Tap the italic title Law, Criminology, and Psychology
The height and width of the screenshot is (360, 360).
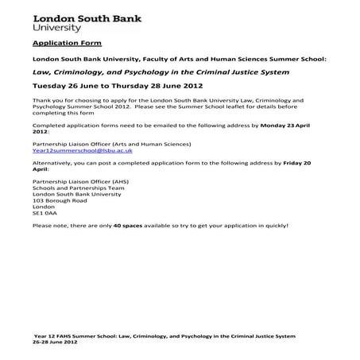coord(160,72)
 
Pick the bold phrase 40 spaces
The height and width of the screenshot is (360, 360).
coord(127,225)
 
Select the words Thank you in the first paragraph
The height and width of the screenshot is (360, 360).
coord(46,100)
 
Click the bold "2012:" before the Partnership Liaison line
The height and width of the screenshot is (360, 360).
coord(41,133)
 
